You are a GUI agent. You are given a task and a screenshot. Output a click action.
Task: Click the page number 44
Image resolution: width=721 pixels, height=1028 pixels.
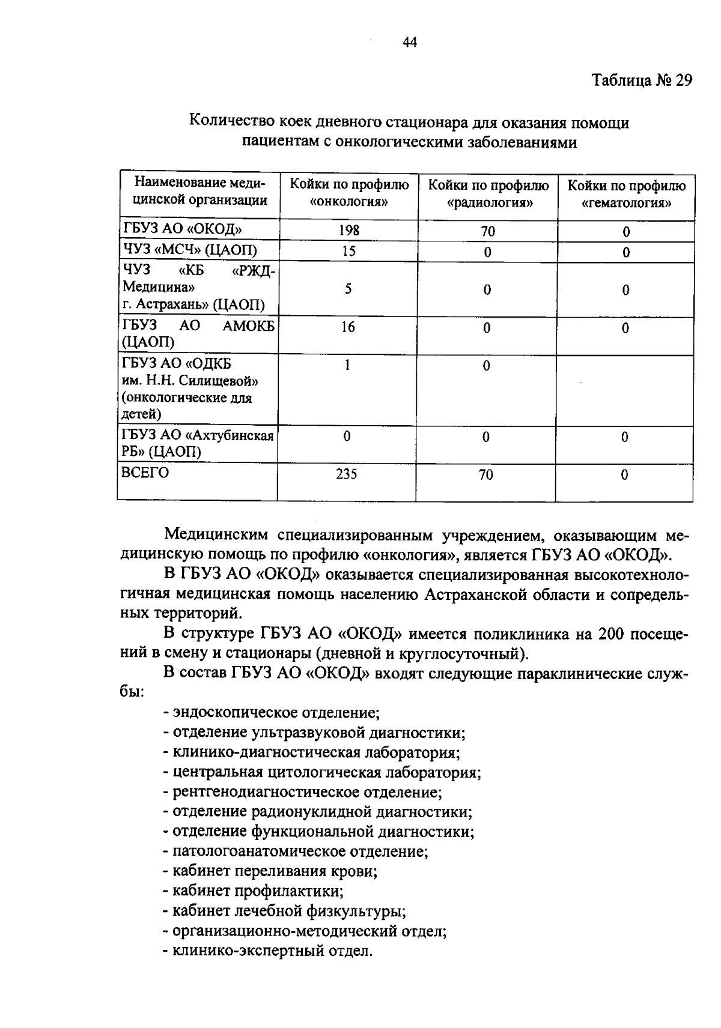point(410,42)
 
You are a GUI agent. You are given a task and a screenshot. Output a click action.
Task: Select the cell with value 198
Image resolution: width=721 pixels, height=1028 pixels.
point(348,231)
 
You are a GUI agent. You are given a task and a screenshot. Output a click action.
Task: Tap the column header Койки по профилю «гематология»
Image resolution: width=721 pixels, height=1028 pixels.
point(626,193)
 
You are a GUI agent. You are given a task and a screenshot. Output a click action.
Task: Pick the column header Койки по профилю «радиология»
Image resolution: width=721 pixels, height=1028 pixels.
point(487,193)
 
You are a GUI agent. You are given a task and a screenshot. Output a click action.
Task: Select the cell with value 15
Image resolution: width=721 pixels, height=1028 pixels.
point(348,251)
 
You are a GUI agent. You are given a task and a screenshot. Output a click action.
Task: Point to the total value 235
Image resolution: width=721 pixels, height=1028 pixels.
point(347,474)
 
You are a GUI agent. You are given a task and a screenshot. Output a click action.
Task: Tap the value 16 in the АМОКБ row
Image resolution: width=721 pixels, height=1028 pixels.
point(348,327)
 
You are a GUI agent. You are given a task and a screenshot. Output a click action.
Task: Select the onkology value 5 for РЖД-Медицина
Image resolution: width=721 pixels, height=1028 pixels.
point(348,289)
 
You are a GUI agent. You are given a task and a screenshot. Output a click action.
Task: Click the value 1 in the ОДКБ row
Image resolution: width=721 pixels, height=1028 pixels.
point(347,364)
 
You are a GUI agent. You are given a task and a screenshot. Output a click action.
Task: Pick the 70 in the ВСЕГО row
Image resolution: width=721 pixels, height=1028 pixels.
point(486,474)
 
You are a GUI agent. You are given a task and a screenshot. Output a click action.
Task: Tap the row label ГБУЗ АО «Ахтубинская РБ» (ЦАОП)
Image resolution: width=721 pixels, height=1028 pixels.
point(198,443)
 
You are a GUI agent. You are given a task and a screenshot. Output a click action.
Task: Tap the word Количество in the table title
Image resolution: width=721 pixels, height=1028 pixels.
point(232,122)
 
